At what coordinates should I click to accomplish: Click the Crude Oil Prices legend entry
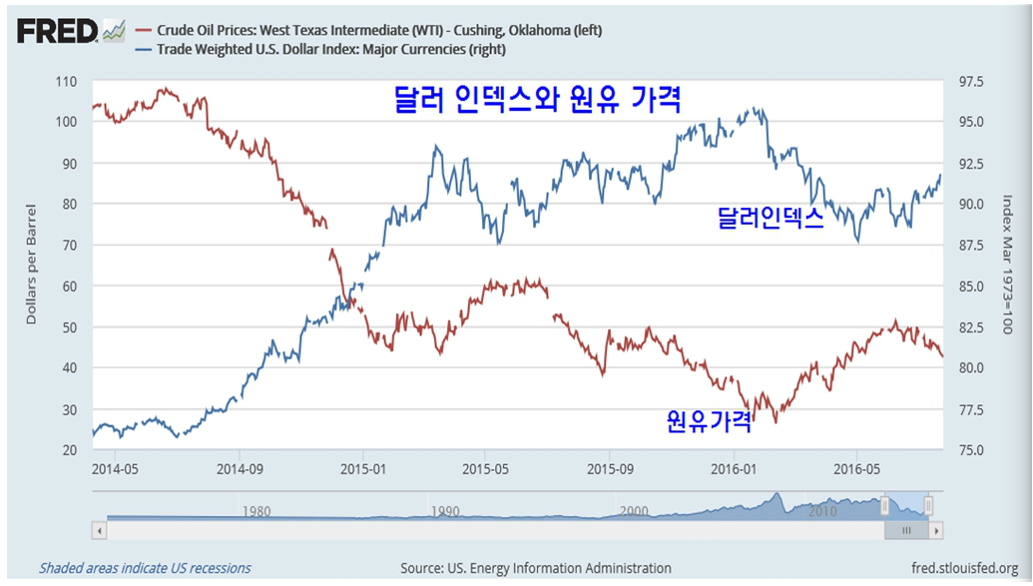(x=378, y=30)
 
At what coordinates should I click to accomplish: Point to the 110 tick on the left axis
(x=66, y=81)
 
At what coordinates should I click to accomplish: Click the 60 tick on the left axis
(x=68, y=287)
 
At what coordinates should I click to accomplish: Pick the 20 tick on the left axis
(x=68, y=450)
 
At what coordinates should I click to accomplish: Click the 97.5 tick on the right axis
(x=971, y=81)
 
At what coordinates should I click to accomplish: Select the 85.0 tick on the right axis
(x=971, y=287)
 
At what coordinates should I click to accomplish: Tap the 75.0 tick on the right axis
(x=971, y=450)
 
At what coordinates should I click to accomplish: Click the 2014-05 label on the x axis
(x=116, y=466)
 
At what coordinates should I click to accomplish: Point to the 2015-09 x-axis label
(x=610, y=466)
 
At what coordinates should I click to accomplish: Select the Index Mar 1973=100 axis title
(x=1007, y=266)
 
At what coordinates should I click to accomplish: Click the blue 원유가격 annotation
(x=709, y=421)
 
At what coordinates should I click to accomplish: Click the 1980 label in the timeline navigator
(x=257, y=511)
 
